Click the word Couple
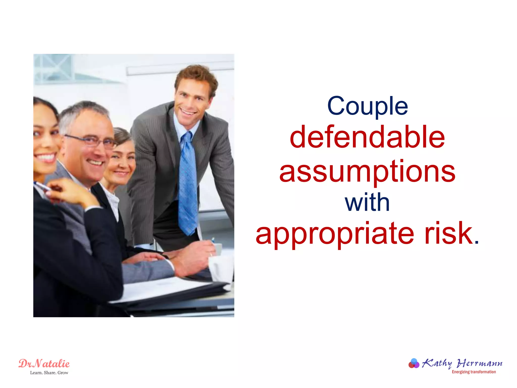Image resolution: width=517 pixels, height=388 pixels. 367,106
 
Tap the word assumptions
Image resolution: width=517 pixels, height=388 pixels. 367,172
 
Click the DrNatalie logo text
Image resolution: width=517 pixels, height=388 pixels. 44,363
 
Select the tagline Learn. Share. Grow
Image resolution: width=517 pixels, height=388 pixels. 49,373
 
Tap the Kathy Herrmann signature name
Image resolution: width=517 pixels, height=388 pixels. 462,363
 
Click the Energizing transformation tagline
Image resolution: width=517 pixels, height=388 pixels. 474,372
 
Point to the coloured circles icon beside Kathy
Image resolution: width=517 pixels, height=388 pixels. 414,363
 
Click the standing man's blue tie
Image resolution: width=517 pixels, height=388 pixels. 188,182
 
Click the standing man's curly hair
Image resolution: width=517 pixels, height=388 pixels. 197,76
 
